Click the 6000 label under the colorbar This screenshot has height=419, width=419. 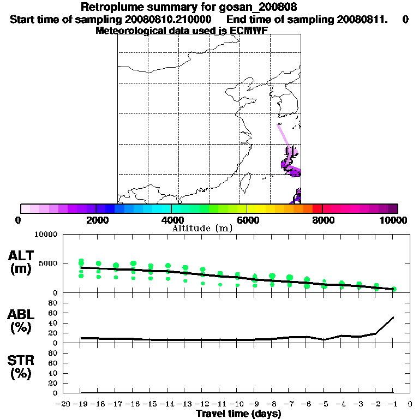point(247,220)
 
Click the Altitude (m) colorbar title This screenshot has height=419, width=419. point(202,228)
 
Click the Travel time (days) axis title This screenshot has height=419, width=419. point(238,414)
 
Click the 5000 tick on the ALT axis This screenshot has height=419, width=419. point(46,264)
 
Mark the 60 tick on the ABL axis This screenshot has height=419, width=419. point(53,313)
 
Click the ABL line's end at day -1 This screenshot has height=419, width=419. point(393,317)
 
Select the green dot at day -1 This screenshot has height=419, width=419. point(394,289)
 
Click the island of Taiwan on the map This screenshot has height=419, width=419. point(246,182)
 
